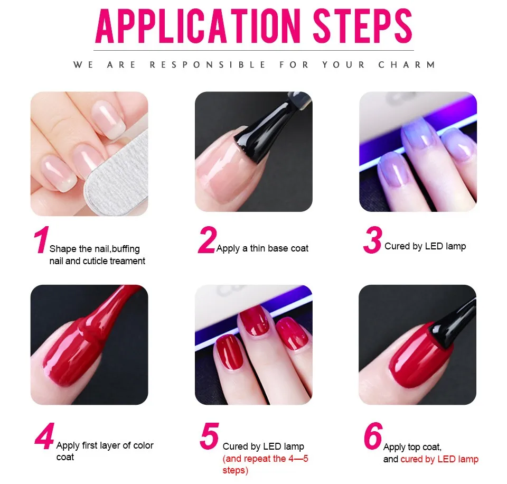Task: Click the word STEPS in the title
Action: click(x=362, y=26)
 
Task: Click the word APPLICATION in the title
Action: click(x=198, y=26)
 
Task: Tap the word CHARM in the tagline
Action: click(x=407, y=64)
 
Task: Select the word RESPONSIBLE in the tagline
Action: click(x=208, y=64)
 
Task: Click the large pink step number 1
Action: click(x=41, y=240)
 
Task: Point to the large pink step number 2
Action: click(x=206, y=240)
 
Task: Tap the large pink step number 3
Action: click(x=372, y=240)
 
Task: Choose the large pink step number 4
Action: click(x=44, y=436)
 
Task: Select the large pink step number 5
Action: click(x=210, y=436)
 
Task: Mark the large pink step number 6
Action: click(x=373, y=436)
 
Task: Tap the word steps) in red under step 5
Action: click(x=235, y=470)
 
